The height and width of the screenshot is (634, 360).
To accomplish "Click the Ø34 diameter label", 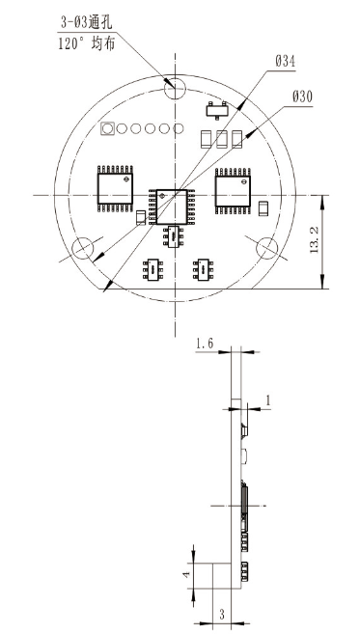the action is pyautogui.click(x=285, y=62).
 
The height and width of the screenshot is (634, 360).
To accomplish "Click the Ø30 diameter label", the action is pyautogui.click(x=302, y=97).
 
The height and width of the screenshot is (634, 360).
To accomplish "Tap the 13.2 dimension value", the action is pyautogui.click(x=315, y=240).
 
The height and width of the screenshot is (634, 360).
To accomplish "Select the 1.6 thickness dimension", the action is pyautogui.click(x=205, y=344).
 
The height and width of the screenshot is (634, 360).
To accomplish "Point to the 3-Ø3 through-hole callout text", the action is pyautogui.click(x=86, y=22).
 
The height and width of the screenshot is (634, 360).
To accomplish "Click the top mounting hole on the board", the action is pyautogui.click(x=175, y=88).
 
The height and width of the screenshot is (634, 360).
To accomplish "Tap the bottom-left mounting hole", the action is pyautogui.click(x=82, y=247).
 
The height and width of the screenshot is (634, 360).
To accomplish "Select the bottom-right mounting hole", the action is pyautogui.click(x=267, y=248).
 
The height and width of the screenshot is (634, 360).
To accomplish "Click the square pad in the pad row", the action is pyautogui.click(x=107, y=128).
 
